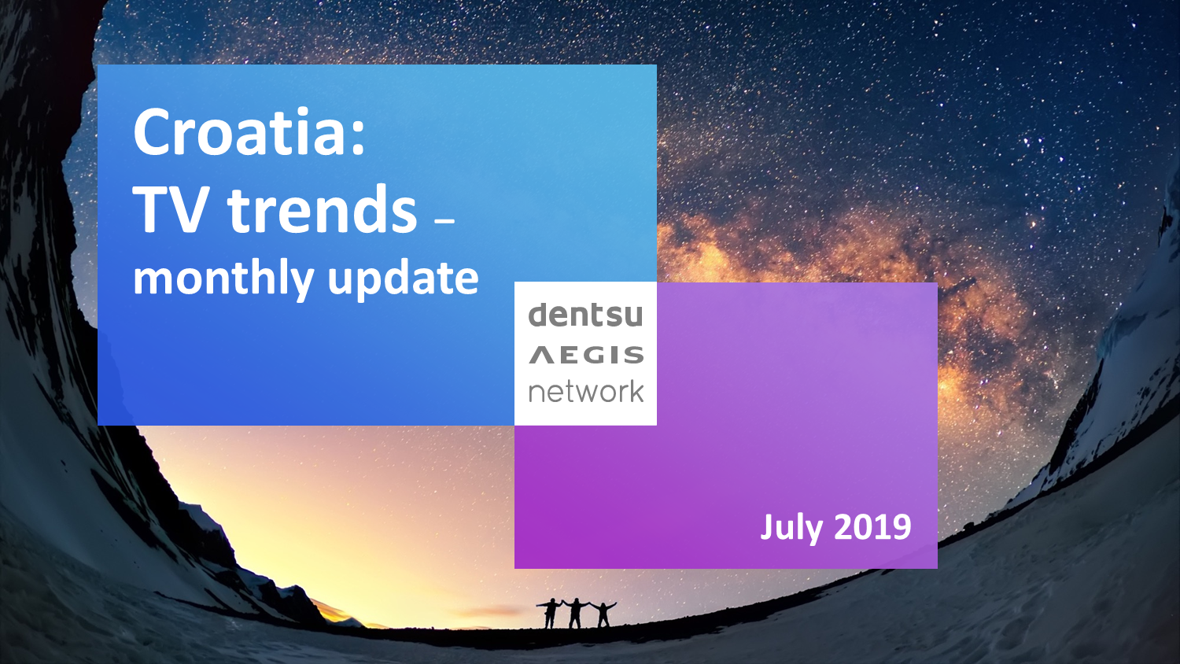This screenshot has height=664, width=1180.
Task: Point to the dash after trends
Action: click(x=444, y=224)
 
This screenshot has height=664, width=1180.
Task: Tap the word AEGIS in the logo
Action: click(x=586, y=355)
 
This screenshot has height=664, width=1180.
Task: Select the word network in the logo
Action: click(x=586, y=392)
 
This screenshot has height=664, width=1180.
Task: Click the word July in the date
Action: click(x=791, y=527)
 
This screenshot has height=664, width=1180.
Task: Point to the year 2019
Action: click(x=873, y=526)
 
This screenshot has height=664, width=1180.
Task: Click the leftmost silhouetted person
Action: click(x=550, y=613)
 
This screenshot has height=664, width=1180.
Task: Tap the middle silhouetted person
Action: click(x=576, y=613)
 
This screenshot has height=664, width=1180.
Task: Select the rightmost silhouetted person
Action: click(x=603, y=614)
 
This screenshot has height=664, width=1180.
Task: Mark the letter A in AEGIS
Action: click(x=541, y=355)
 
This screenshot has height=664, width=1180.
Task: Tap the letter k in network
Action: click(x=636, y=390)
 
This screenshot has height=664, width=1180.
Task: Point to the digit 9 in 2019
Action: click(x=902, y=526)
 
